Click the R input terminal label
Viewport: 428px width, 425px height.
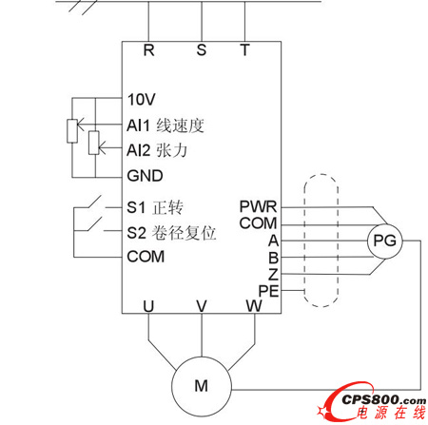148,51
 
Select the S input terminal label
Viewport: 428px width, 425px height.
202,51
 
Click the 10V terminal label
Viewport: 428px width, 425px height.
141,99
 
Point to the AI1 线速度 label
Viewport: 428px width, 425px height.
165,125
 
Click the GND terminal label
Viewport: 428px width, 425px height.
145,175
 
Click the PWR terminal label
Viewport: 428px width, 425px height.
258,205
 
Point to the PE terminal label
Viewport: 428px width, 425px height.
267,290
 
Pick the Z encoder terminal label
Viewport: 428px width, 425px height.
272,274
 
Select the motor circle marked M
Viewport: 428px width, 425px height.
201,384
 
